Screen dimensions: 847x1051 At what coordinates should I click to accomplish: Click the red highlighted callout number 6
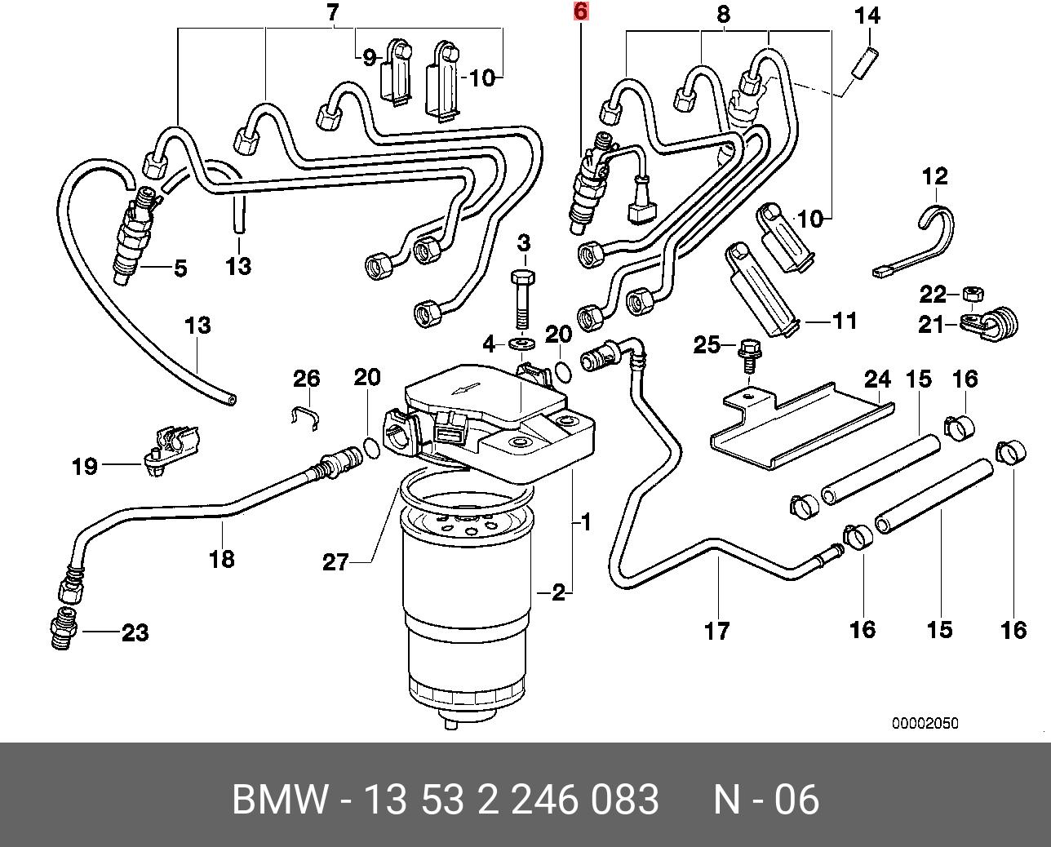[580, 11]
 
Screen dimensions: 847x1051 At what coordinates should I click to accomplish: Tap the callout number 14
[868, 15]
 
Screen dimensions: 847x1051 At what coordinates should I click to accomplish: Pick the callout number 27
[335, 562]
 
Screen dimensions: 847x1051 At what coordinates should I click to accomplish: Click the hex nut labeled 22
[972, 292]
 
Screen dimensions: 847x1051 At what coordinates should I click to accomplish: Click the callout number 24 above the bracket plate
[878, 379]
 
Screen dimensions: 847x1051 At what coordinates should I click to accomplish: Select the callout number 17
[717, 630]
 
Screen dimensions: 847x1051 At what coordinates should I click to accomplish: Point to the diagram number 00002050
[925, 724]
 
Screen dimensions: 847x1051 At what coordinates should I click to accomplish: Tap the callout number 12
[935, 175]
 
